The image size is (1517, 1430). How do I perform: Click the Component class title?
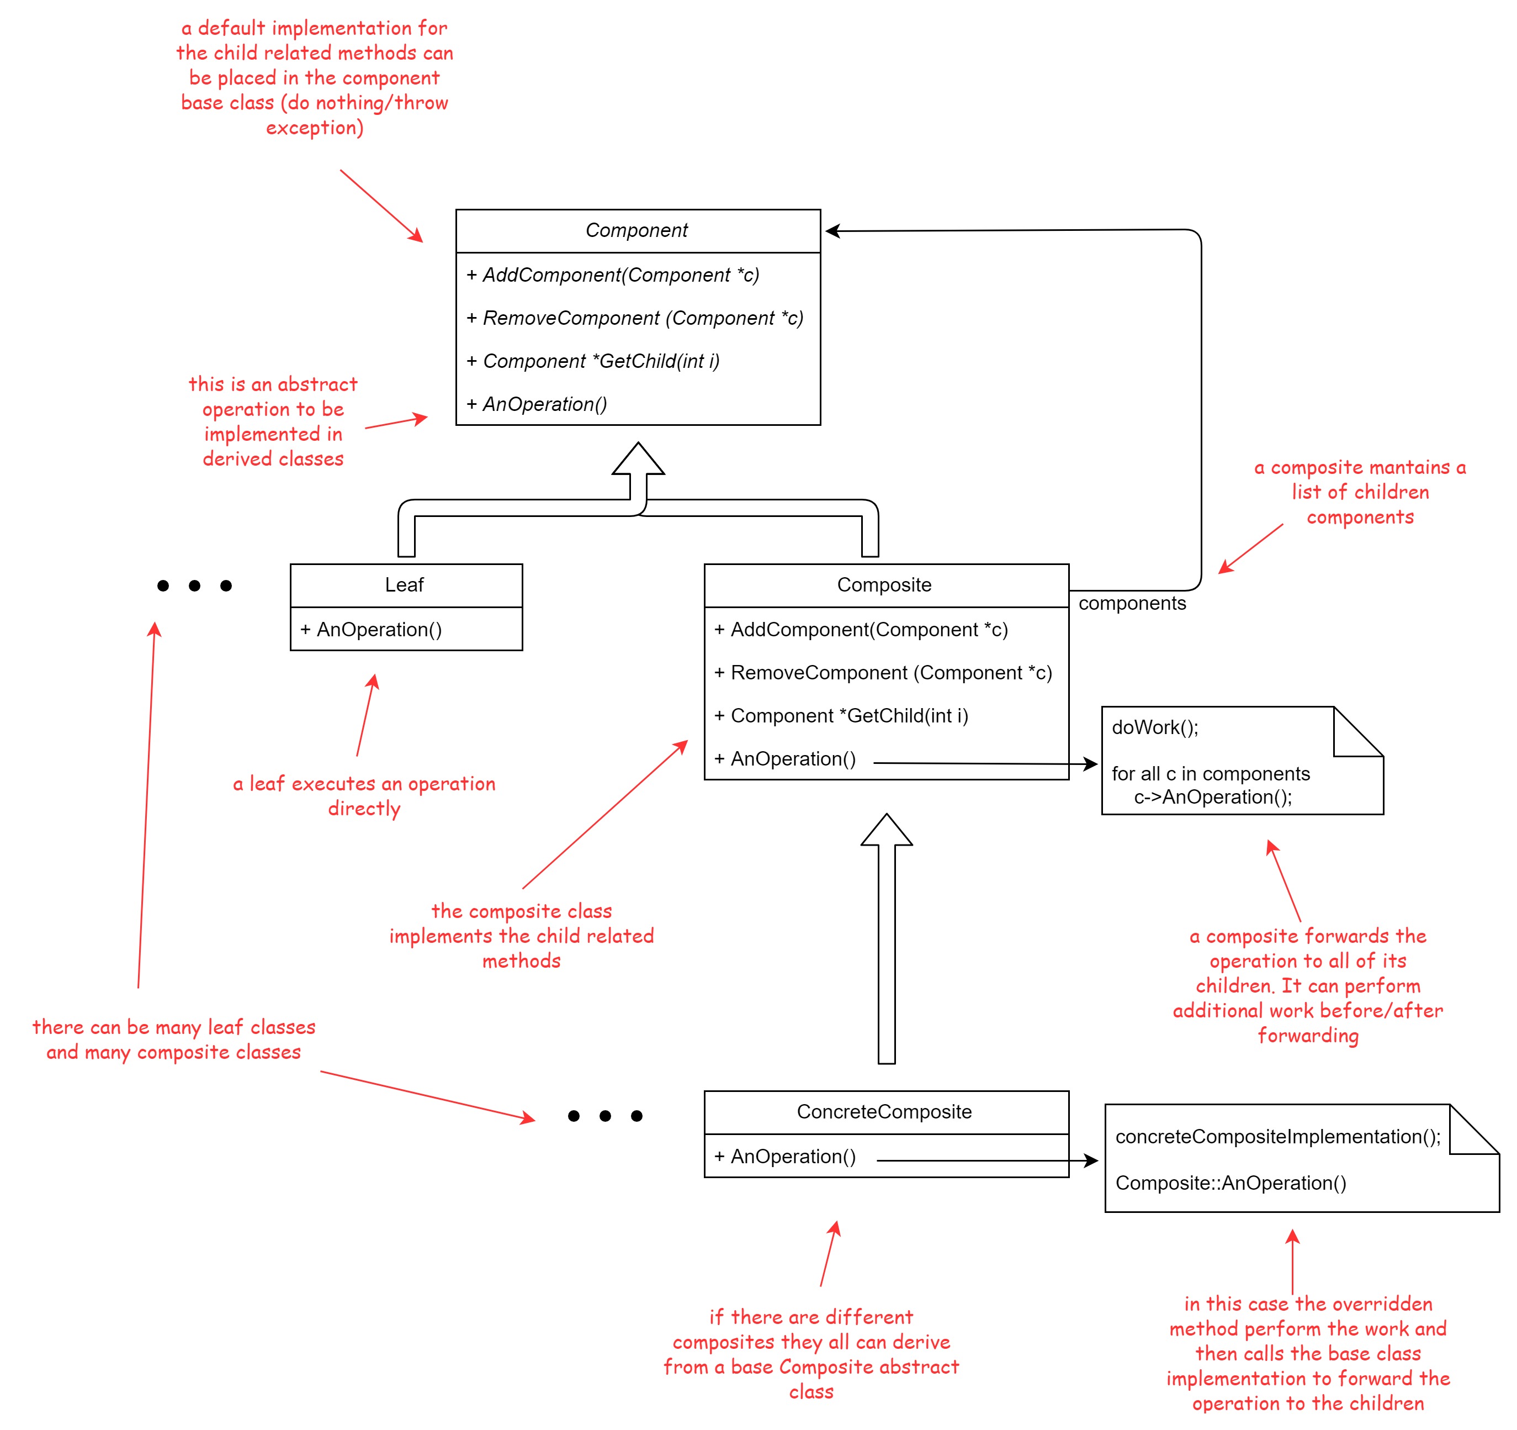636,230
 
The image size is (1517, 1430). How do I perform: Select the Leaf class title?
405,585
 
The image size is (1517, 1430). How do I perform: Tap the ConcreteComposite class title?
884,1112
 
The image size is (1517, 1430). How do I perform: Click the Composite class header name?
884,585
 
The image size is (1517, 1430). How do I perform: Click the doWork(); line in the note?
1155,727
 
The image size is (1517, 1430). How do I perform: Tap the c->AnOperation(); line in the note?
1213,797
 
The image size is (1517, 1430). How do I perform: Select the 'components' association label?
1132,604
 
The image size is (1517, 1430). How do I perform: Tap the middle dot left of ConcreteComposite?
605,1116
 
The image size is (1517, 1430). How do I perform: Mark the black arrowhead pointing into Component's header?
832,230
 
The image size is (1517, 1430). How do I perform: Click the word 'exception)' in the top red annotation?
315,128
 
